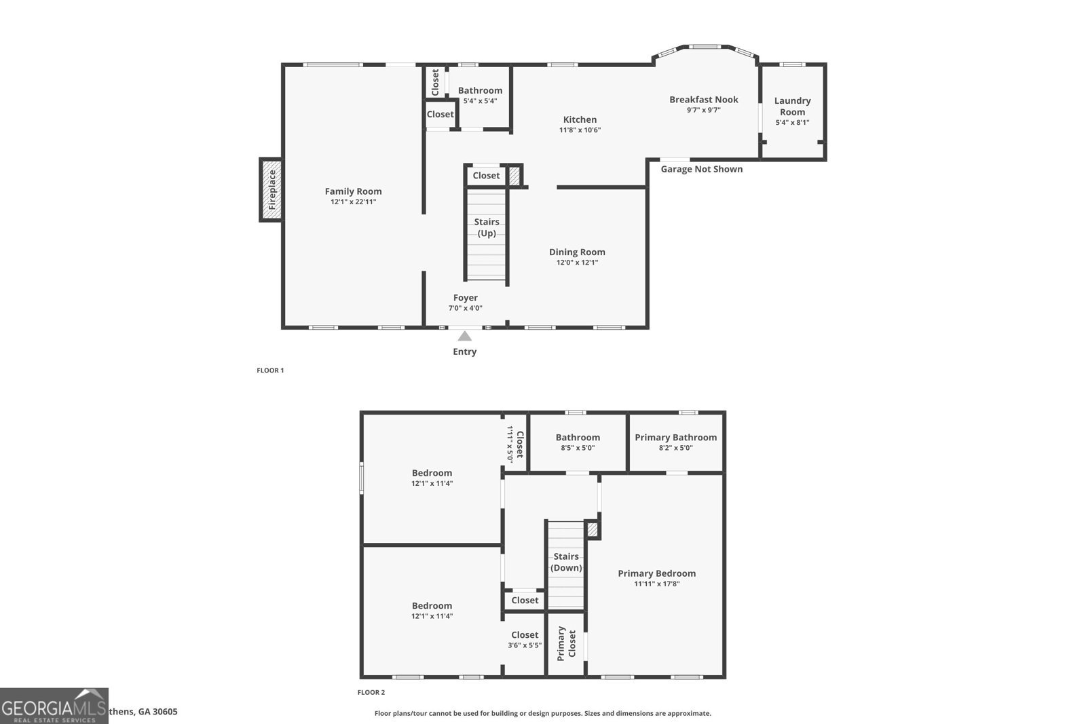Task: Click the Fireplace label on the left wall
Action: pos(272,189)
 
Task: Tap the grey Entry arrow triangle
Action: pos(465,336)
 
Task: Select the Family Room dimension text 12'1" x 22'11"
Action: pos(353,202)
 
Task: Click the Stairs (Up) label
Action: pos(487,227)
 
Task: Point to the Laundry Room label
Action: pos(792,107)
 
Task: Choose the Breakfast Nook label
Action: pos(703,100)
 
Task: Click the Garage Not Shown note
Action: pos(701,169)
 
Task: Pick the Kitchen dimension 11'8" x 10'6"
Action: pos(580,130)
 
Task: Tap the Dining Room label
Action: pos(577,252)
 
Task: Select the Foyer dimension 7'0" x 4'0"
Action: pos(465,308)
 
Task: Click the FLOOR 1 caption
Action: pos(270,370)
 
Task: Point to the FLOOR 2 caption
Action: pos(371,693)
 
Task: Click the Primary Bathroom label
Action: pos(675,438)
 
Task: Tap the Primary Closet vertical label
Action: pos(566,643)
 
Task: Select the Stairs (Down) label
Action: pos(566,562)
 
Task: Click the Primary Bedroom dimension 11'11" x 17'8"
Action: pos(656,584)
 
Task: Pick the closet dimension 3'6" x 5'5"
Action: pos(525,645)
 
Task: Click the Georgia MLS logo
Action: pos(54,706)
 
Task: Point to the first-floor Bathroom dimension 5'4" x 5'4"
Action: pos(480,101)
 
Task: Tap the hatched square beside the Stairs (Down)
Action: pos(593,529)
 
